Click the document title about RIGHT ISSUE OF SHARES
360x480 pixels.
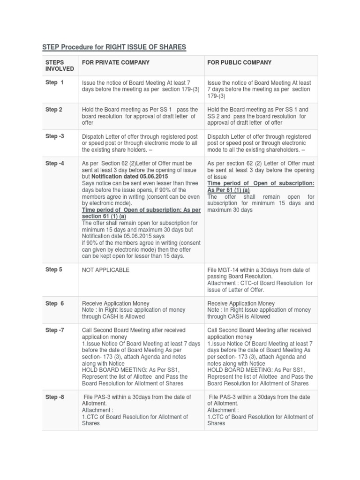click(114, 47)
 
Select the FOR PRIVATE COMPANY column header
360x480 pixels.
click(116, 62)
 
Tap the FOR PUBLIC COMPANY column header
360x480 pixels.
click(240, 62)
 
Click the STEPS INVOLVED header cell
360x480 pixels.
click(59, 66)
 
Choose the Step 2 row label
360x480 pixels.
click(53, 110)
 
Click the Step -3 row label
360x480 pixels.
click(54, 136)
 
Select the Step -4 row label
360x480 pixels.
click(54, 163)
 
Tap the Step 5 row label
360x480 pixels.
click(53, 270)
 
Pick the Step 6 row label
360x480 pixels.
click(54, 303)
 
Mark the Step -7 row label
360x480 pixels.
click(54, 330)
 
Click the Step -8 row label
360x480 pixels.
click(54, 397)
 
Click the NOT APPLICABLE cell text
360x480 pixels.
click(105, 270)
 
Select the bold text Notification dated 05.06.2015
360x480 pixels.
click(127, 176)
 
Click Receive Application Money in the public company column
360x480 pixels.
click(241, 303)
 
